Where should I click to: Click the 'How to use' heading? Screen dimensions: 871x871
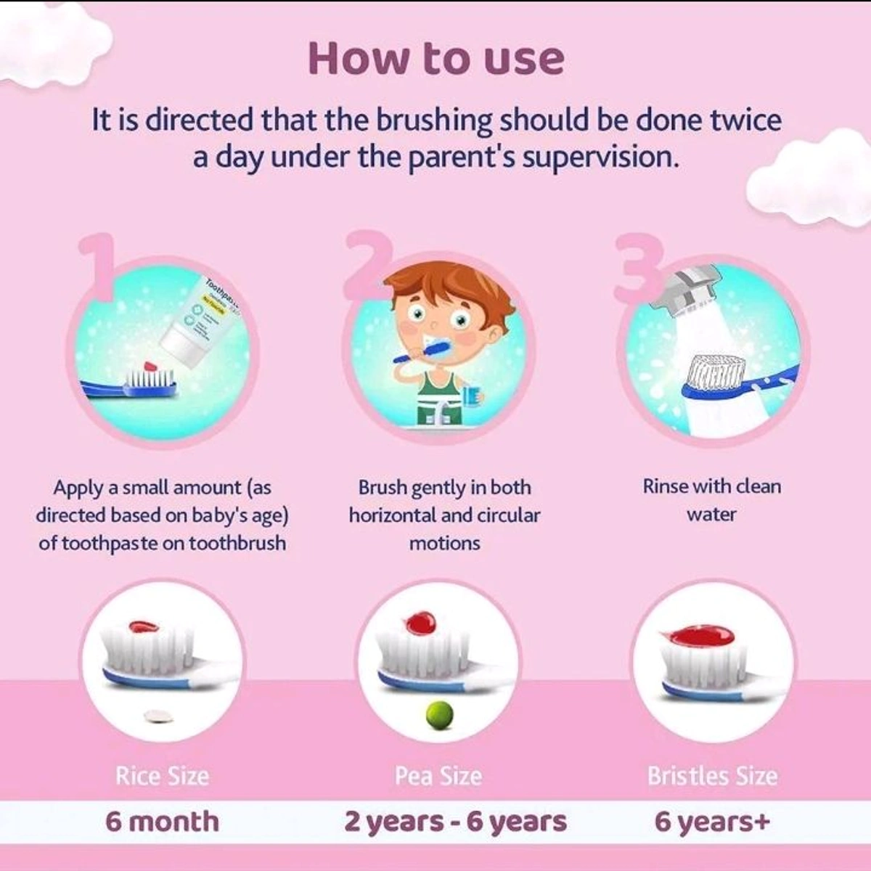tap(436, 60)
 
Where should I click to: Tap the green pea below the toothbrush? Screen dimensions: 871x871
tap(439, 714)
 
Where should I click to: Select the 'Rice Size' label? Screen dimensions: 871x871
tap(163, 776)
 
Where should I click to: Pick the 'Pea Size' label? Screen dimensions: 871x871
tap(438, 776)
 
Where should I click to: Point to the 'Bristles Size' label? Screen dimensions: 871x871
tap(713, 776)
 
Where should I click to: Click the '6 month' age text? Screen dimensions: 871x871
tap(163, 821)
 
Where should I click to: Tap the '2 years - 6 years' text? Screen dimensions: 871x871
tap(455, 822)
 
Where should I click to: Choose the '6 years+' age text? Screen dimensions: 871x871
tap(712, 822)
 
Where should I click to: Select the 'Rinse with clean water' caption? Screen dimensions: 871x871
tap(711, 500)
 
